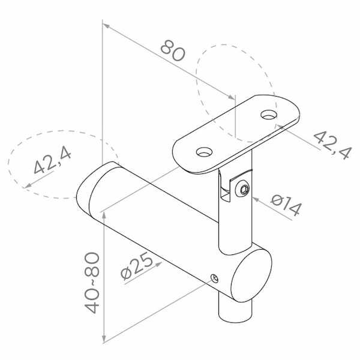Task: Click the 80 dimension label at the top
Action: coord(172,51)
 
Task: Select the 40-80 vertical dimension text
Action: coord(92,283)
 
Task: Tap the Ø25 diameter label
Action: coord(137,266)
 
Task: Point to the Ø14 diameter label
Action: coord(286,205)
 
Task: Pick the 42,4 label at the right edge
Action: coord(332,145)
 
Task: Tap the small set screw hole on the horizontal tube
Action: coord(215,278)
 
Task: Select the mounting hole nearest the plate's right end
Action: coord(269,115)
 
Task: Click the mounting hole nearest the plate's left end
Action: coord(204,152)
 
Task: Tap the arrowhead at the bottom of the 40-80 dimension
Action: coord(104,337)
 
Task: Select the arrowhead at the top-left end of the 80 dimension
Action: coord(107,26)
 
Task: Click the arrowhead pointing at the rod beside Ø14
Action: coord(256,200)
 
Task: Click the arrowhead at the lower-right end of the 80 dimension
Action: coord(231,97)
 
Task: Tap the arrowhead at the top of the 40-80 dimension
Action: coord(104,217)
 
